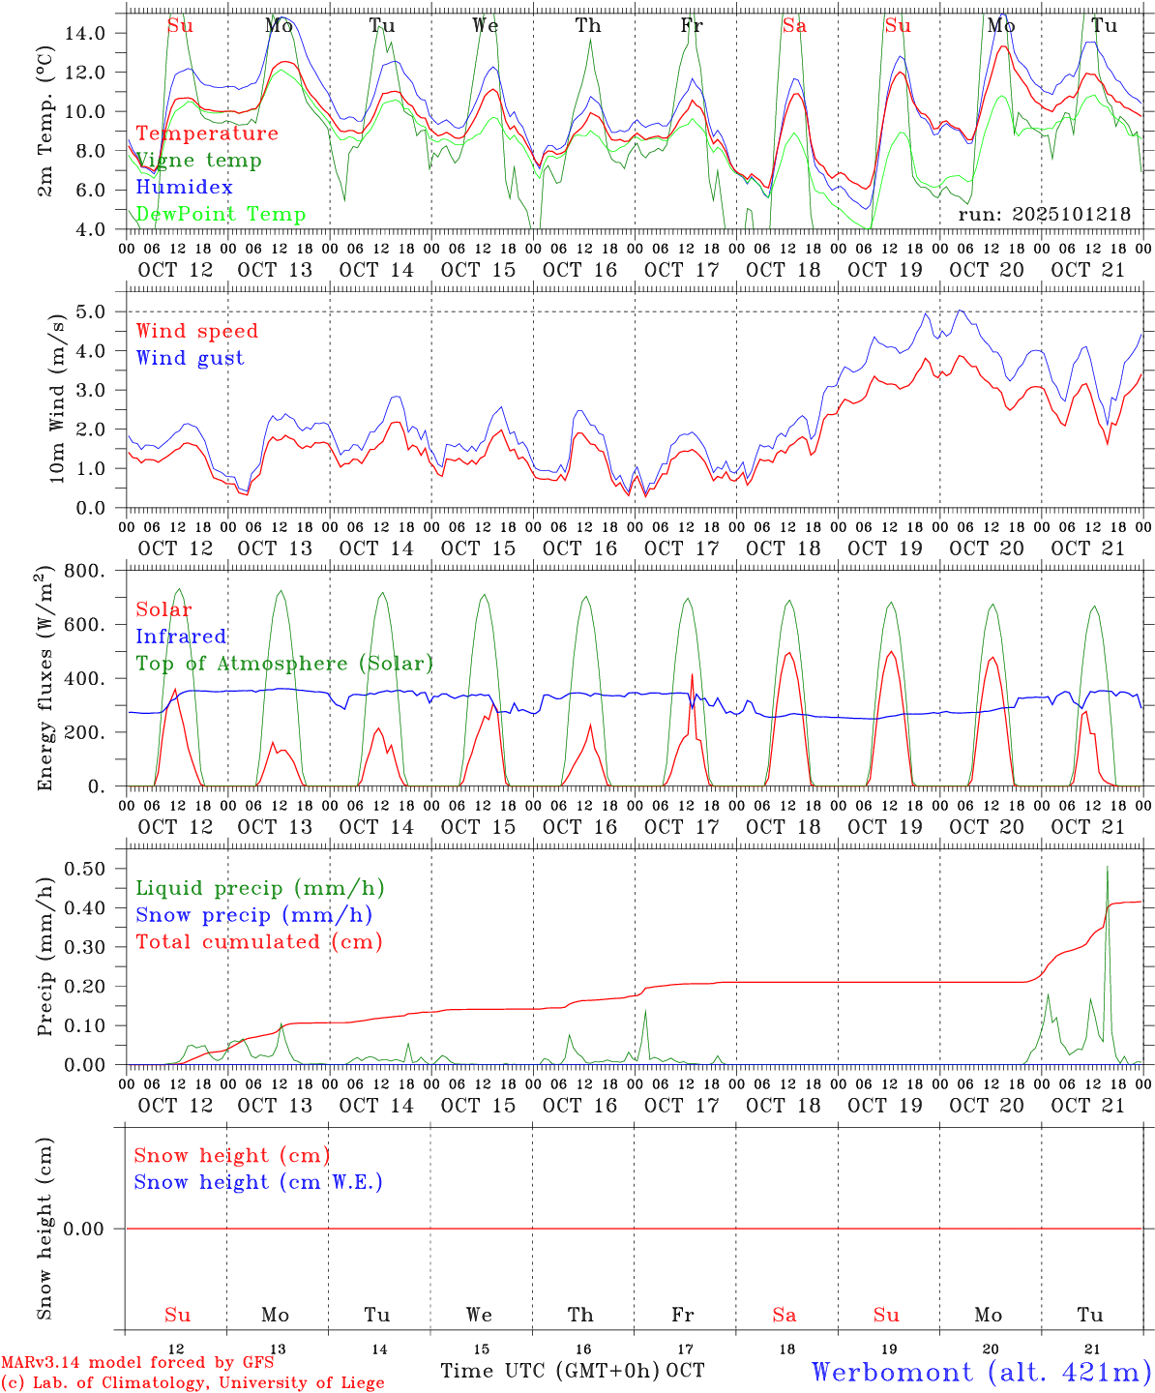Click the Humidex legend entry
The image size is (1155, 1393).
tap(184, 188)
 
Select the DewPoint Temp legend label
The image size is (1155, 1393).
tap(221, 215)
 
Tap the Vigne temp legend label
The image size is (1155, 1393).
tap(198, 161)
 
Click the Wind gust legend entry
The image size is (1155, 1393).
tap(190, 358)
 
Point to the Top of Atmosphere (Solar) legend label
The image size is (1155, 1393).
tap(284, 664)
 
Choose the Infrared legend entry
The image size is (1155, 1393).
tap(181, 637)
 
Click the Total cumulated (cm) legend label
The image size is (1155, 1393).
tap(259, 942)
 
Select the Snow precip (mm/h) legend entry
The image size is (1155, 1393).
tap(253, 915)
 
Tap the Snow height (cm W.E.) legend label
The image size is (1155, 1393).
tap(258, 1182)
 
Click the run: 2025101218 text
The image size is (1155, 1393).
tap(1044, 215)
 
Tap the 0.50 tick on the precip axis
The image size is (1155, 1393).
tap(85, 869)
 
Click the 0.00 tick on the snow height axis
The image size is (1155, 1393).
tap(85, 1229)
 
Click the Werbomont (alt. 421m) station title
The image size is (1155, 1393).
tap(980, 1372)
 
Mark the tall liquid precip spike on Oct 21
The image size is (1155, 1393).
tap(1108, 871)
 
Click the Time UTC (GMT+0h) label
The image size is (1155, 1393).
tap(550, 1371)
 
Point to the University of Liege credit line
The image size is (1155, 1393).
tap(192, 1383)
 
